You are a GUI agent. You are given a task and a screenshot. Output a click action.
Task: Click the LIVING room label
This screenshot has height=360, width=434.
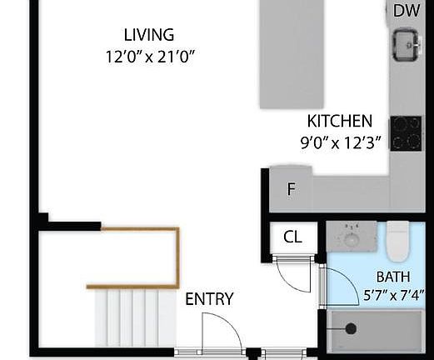pyautogui.click(x=148, y=35)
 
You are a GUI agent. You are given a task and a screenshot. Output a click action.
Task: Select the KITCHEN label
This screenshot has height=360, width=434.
pyautogui.click(x=339, y=121)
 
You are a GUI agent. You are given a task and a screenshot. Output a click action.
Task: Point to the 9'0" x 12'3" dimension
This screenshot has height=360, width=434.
pyautogui.click(x=340, y=142)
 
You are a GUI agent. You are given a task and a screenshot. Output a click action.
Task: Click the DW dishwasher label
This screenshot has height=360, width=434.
pyautogui.click(x=406, y=11)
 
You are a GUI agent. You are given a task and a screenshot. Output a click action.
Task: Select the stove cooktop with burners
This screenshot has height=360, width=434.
pyautogui.click(x=406, y=132)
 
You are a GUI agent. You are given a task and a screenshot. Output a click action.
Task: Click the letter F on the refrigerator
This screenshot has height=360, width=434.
pyautogui.click(x=291, y=189)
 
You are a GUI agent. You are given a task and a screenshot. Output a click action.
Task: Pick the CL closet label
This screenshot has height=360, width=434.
pyautogui.click(x=292, y=237)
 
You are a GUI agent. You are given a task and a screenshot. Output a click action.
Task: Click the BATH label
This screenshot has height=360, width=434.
pyautogui.click(x=392, y=276)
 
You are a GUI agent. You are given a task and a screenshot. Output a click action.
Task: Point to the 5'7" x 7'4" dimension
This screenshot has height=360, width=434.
pyautogui.click(x=394, y=294)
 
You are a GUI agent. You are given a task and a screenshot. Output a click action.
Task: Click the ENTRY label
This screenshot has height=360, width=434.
pyautogui.click(x=209, y=299)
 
